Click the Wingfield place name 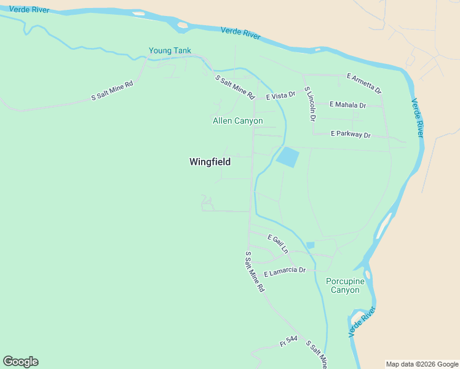tap(210, 162)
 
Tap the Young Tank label tap(170, 50)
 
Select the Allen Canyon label tap(237, 121)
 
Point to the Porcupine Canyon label tap(345, 285)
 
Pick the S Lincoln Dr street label tap(311, 101)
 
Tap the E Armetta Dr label tap(364, 84)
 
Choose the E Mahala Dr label tap(347, 105)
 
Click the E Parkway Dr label tap(351, 134)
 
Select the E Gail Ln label tap(277, 244)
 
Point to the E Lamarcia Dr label tap(285, 271)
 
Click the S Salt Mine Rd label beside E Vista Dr tap(234, 87)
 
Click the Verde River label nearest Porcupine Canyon tap(362, 323)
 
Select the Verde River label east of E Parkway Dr tap(418, 117)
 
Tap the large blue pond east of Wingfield tap(287, 157)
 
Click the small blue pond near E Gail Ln tap(311, 245)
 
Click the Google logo tap(20, 362)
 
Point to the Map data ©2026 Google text tap(422, 364)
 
